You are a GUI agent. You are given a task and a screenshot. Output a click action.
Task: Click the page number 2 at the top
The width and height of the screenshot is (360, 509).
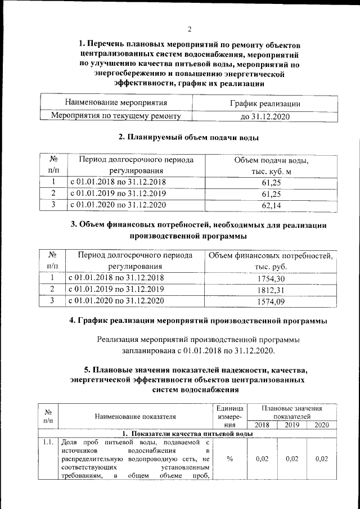190,29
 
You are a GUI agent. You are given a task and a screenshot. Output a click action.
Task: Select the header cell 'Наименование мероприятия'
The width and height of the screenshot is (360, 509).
116,103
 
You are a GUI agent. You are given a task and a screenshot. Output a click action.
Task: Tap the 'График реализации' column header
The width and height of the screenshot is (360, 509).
265,103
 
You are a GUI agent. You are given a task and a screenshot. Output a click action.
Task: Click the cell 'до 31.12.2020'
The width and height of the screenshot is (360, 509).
265,116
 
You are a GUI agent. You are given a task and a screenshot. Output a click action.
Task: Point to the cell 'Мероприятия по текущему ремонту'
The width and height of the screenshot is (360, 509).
116,116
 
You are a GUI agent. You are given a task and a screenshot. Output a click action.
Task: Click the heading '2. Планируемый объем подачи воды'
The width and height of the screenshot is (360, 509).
188,137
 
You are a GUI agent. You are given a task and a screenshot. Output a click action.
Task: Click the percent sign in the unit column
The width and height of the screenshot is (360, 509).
229,459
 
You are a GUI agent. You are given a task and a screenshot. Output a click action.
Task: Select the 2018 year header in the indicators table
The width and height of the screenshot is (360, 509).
262,425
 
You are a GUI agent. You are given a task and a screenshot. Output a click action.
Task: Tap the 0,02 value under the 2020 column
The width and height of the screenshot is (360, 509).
321,459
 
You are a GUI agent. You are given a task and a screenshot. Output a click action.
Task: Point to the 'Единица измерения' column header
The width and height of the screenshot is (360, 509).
229,416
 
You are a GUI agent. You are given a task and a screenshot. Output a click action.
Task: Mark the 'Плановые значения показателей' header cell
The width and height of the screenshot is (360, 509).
292,412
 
